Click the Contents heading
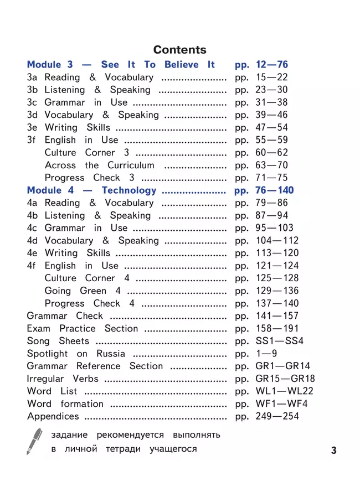(179, 50)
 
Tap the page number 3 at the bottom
(333, 450)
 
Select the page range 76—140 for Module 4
(272, 190)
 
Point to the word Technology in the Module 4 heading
(129, 190)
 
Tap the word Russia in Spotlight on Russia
(111, 354)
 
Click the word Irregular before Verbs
(47, 379)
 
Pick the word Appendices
(53, 416)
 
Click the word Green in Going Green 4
(93, 291)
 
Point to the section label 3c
(32, 102)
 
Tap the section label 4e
(32, 253)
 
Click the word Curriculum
(131, 165)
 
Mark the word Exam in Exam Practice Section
(38, 328)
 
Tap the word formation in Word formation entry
(82, 404)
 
